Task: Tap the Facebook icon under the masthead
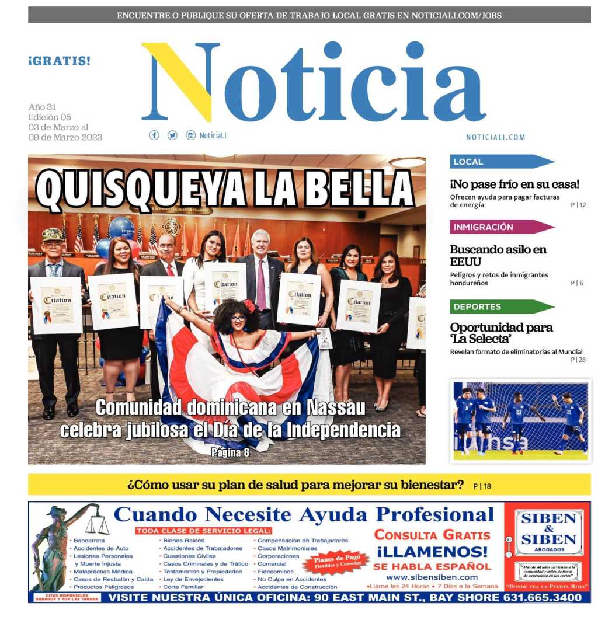pos(154,135)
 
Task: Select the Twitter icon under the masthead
pos(172,135)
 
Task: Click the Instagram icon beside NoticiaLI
pos(190,135)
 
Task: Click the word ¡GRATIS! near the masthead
pos(59,61)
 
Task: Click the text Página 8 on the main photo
pos(230,451)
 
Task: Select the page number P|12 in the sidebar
pos(578,205)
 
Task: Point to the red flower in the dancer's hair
pos(251,306)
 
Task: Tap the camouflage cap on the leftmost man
pos(53,234)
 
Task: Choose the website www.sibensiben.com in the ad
pos(432,577)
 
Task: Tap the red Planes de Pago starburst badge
pos(336,562)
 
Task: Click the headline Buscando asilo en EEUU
pos(498,255)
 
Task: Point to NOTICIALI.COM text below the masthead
pos(495,137)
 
